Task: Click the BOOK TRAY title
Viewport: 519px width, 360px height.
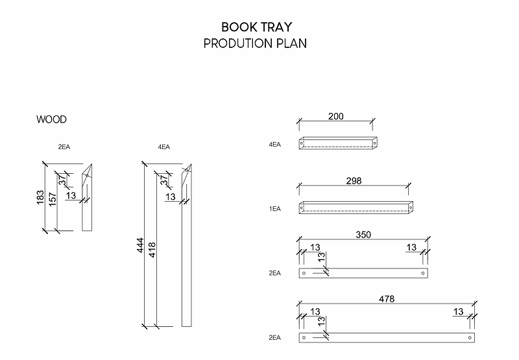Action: pyautogui.click(x=256, y=27)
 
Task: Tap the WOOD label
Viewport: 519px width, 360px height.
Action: pyautogui.click(x=51, y=119)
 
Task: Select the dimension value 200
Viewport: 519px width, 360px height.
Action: pyautogui.click(x=335, y=117)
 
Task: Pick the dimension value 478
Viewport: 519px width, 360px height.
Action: pyautogui.click(x=387, y=299)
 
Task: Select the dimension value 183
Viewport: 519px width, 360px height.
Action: pyautogui.click(x=40, y=198)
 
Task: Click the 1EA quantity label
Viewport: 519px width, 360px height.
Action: pyautogui.click(x=275, y=209)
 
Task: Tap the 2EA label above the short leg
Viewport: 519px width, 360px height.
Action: pyautogui.click(x=64, y=147)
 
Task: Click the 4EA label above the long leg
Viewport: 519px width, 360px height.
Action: pyautogui.click(x=163, y=147)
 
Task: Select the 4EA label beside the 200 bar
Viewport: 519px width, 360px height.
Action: pyautogui.click(x=275, y=145)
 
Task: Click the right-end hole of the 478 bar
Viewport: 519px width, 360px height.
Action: pyautogui.click(x=469, y=338)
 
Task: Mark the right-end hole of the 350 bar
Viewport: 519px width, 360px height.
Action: pyautogui.click(x=423, y=273)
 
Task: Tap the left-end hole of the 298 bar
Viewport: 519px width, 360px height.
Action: pyautogui.click(x=302, y=208)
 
